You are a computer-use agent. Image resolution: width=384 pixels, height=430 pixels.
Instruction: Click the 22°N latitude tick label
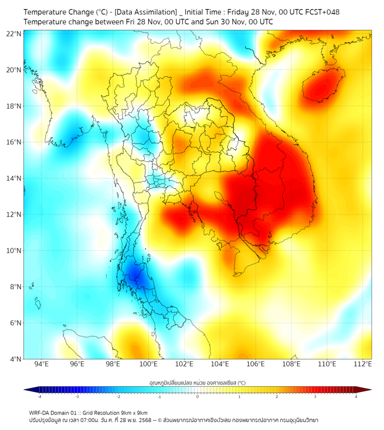tap(14, 34)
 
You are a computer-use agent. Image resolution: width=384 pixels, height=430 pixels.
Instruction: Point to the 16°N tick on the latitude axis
tap(14, 142)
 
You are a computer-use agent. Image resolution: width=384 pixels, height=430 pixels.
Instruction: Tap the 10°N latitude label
tap(14, 251)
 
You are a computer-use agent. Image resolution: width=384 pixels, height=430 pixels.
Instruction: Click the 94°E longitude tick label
tap(41, 365)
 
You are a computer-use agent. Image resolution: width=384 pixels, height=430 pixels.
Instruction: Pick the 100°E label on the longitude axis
tap(148, 365)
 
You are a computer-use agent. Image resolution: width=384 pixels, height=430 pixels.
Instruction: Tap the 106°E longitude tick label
tap(256, 365)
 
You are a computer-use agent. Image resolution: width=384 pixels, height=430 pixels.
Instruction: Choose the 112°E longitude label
tap(363, 365)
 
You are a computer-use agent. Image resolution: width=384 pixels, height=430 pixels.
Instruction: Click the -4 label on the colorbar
tap(39, 396)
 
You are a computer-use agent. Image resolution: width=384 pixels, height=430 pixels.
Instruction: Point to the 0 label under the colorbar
tap(198, 396)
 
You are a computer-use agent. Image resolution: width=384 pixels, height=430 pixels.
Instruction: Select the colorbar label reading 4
tap(356, 396)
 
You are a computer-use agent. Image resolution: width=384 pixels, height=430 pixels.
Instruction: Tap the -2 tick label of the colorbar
tap(118, 396)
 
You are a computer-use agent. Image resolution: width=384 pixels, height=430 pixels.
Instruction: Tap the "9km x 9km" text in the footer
tap(132, 412)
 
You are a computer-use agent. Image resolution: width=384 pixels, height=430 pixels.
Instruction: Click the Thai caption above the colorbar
tap(197, 383)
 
